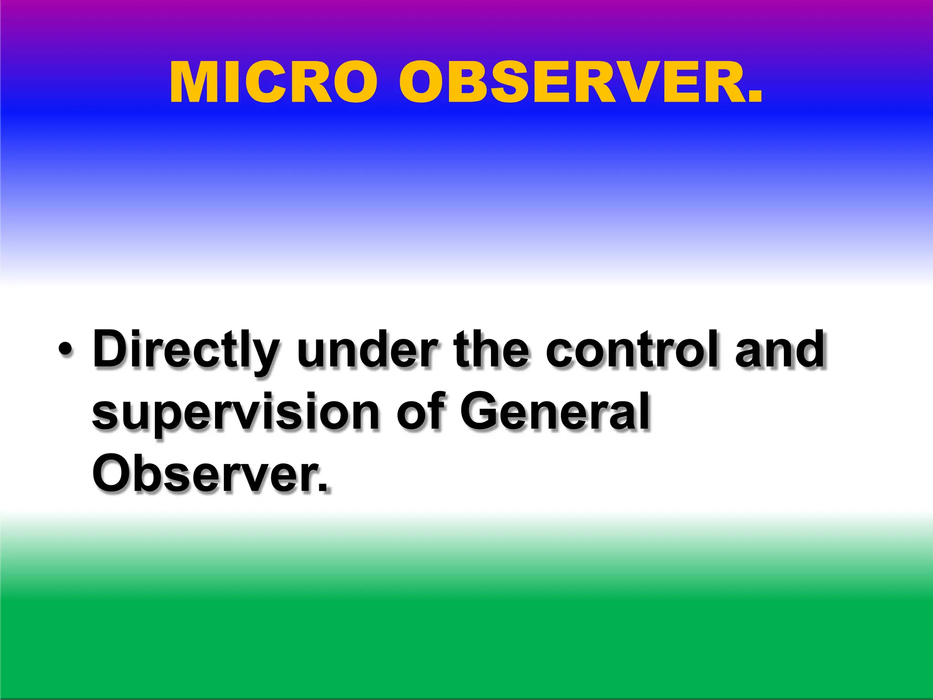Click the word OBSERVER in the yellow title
pos(568,83)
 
